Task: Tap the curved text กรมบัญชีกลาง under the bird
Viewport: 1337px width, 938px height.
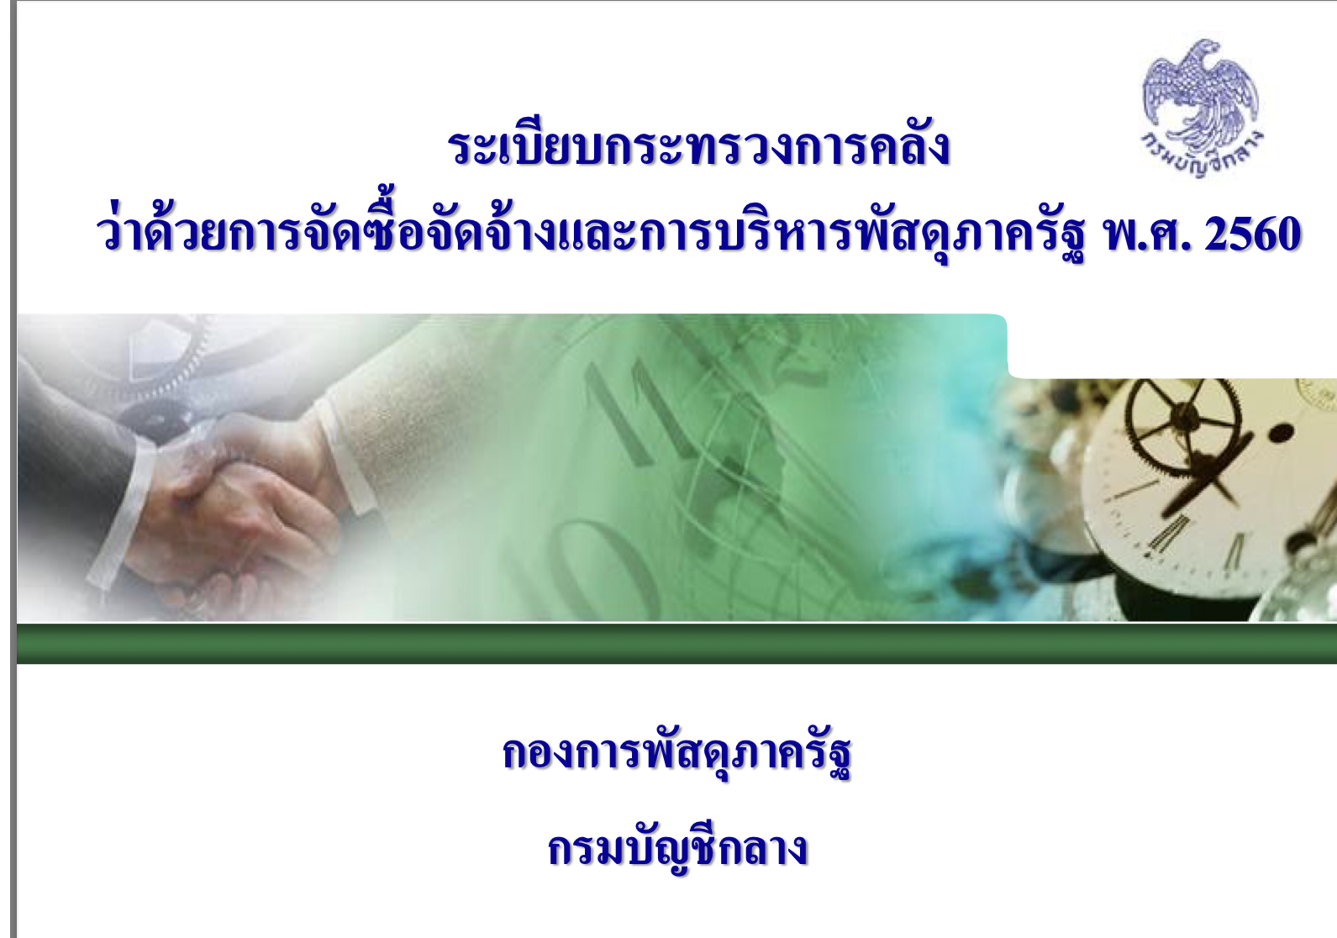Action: pos(1202,156)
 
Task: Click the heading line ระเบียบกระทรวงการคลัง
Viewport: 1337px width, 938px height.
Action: pos(699,147)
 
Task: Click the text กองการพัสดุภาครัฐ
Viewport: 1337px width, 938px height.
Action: pos(676,754)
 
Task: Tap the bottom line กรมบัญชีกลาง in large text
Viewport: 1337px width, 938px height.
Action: pos(678,848)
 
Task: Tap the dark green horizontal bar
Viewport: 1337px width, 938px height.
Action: pos(676,644)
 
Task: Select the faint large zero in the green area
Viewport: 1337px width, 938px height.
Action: pos(603,567)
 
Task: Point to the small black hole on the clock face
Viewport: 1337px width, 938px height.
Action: pos(1279,433)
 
